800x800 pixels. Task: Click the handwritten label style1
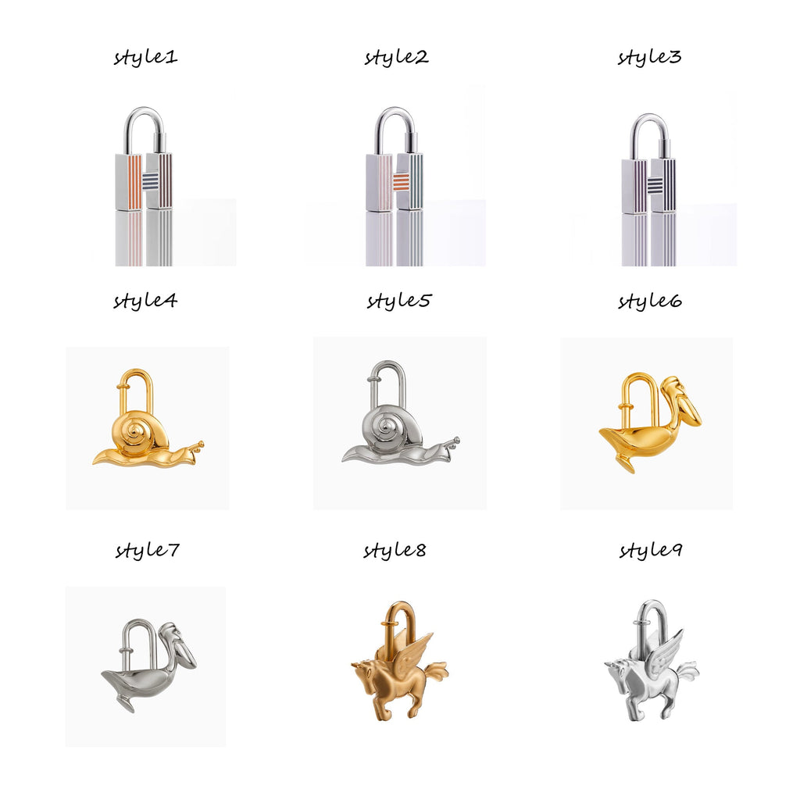coord(145,57)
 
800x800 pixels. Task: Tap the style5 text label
coord(399,301)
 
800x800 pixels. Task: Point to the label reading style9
coord(651,551)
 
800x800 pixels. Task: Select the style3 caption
coord(649,57)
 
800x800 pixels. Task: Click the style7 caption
coord(147,551)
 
